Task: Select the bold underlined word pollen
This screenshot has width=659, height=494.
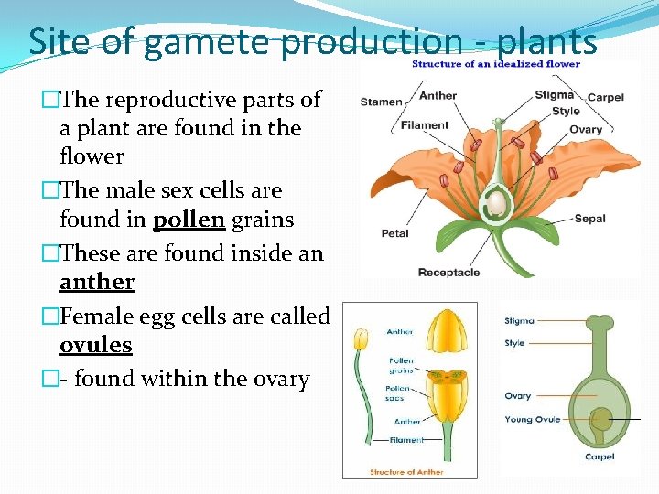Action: click(x=189, y=220)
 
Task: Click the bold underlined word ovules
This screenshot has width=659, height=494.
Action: click(x=95, y=345)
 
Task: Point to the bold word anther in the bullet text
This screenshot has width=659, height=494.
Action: click(x=96, y=282)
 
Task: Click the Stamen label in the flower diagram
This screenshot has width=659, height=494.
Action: click(x=380, y=101)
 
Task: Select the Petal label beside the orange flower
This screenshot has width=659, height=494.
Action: click(x=394, y=233)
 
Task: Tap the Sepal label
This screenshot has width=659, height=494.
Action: click(x=589, y=219)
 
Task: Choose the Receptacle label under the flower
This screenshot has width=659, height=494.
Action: click(x=448, y=272)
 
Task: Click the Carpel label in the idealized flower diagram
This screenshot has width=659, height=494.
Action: click(x=605, y=98)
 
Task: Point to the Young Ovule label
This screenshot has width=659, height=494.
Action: click(x=532, y=420)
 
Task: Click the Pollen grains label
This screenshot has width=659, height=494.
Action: click(x=401, y=365)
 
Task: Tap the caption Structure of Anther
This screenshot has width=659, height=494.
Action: click(x=406, y=472)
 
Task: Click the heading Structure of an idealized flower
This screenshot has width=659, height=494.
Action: click(x=495, y=64)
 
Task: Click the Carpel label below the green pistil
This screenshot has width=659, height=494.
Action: click(x=599, y=456)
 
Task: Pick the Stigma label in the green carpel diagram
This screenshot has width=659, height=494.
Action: click(x=519, y=321)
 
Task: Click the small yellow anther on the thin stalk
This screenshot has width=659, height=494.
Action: click(x=361, y=339)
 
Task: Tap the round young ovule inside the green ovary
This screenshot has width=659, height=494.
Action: click(x=600, y=420)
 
